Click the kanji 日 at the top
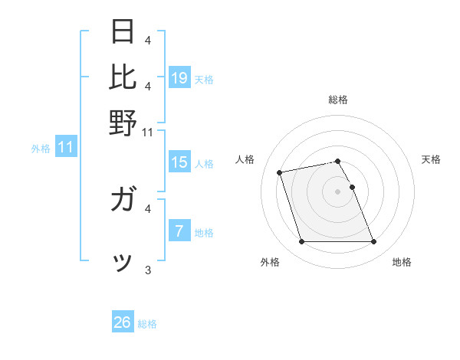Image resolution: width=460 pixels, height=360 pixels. click(x=123, y=31)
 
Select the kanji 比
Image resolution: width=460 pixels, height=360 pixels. click(x=123, y=77)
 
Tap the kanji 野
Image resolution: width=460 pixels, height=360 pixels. click(x=123, y=123)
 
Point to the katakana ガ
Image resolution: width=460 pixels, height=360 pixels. click(x=123, y=201)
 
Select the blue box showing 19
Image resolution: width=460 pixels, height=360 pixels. click(x=179, y=77)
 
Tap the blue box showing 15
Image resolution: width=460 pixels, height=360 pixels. click(x=179, y=162)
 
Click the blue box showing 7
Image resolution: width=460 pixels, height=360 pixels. click(x=179, y=231)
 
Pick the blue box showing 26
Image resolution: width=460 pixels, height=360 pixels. click(x=123, y=322)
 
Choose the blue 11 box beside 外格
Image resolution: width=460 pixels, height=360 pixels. click(x=66, y=146)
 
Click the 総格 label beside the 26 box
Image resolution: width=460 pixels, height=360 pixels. click(x=147, y=324)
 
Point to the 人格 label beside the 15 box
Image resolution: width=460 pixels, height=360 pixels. click(x=204, y=163)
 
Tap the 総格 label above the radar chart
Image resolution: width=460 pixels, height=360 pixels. click(x=338, y=100)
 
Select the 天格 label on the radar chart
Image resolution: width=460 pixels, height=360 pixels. click(x=431, y=159)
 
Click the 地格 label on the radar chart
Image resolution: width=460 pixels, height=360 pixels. click(x=402, y=263)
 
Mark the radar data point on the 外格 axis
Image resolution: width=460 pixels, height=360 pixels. click(x=301, y=242)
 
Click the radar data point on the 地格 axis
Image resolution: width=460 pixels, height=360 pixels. click(x=373, y=242)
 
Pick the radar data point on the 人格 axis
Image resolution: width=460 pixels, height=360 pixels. click(x=280, y=172)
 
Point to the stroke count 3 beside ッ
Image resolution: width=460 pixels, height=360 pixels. click(x=147, y=270)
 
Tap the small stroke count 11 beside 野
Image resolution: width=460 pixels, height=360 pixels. click(x=147, y=132)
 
